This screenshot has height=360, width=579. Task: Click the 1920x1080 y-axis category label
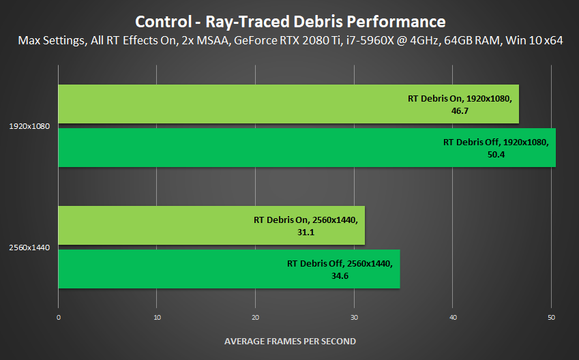click(x=29, y=126)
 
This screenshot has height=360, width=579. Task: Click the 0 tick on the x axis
click(x=59, y=318)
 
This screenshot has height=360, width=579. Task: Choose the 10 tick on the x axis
click(x=157, y=318)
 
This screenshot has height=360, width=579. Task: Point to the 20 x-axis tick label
click(x=256, y=318)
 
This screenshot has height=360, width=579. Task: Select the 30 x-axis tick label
click(x=355, y=318)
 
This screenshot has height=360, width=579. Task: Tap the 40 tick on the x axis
click(x=453, y=318)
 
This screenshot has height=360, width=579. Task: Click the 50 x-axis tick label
click(x=552, y=318)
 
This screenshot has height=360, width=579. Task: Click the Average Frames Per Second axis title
click(x=290, y=341)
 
